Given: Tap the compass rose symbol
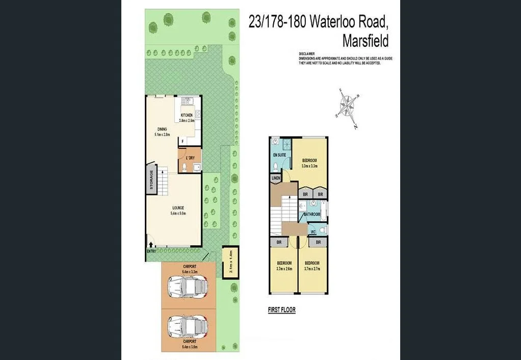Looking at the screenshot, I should click(x=349, y=108).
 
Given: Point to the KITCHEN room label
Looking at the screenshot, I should click(x=186, y=115).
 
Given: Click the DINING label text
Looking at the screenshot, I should click(x=162, y=130).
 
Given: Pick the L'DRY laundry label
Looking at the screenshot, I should click(x=190, y=157).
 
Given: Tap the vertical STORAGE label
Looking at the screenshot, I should click(x=151, y=180).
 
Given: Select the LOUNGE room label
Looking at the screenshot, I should click(x=178, y=208).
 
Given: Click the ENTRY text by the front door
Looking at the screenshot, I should click(x=151, y=251).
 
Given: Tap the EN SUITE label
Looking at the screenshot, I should click(x=279, y=154).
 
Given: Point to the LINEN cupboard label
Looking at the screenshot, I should click(x=276, y=178).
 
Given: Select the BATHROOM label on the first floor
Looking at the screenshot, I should click(x=312, y=215).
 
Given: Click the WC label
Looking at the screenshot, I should click(x=314, y=232).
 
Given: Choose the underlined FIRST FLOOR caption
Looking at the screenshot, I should click(x=281, y=310).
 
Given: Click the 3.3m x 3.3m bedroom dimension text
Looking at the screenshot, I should click(x=309, y=166).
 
